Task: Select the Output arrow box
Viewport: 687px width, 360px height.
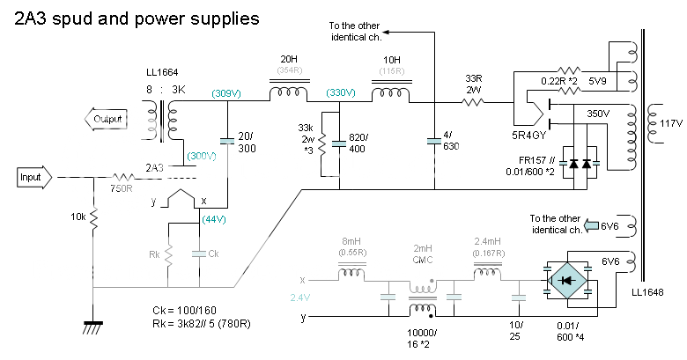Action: [x=105, y=119]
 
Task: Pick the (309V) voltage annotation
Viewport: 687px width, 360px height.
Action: [x=227, y=92]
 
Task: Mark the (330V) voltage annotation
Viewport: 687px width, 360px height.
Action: [x=339, y=92]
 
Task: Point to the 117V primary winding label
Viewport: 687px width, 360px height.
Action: [x=671, y=124]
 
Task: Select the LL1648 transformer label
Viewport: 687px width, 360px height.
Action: [x=647, y=292]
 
